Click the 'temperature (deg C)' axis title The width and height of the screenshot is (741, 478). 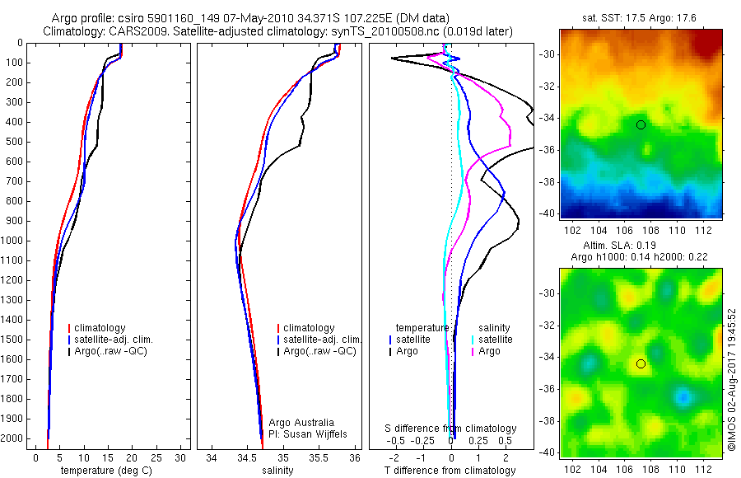107,471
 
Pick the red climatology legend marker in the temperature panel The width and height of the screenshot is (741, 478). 69,328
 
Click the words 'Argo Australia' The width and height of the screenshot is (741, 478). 302,421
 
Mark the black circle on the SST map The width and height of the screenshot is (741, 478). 641,124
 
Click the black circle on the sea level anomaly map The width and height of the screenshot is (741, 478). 641,363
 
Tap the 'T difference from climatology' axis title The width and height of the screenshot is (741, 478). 450,471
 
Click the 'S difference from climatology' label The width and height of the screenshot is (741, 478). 450,429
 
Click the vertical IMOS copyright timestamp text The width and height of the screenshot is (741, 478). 731,380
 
